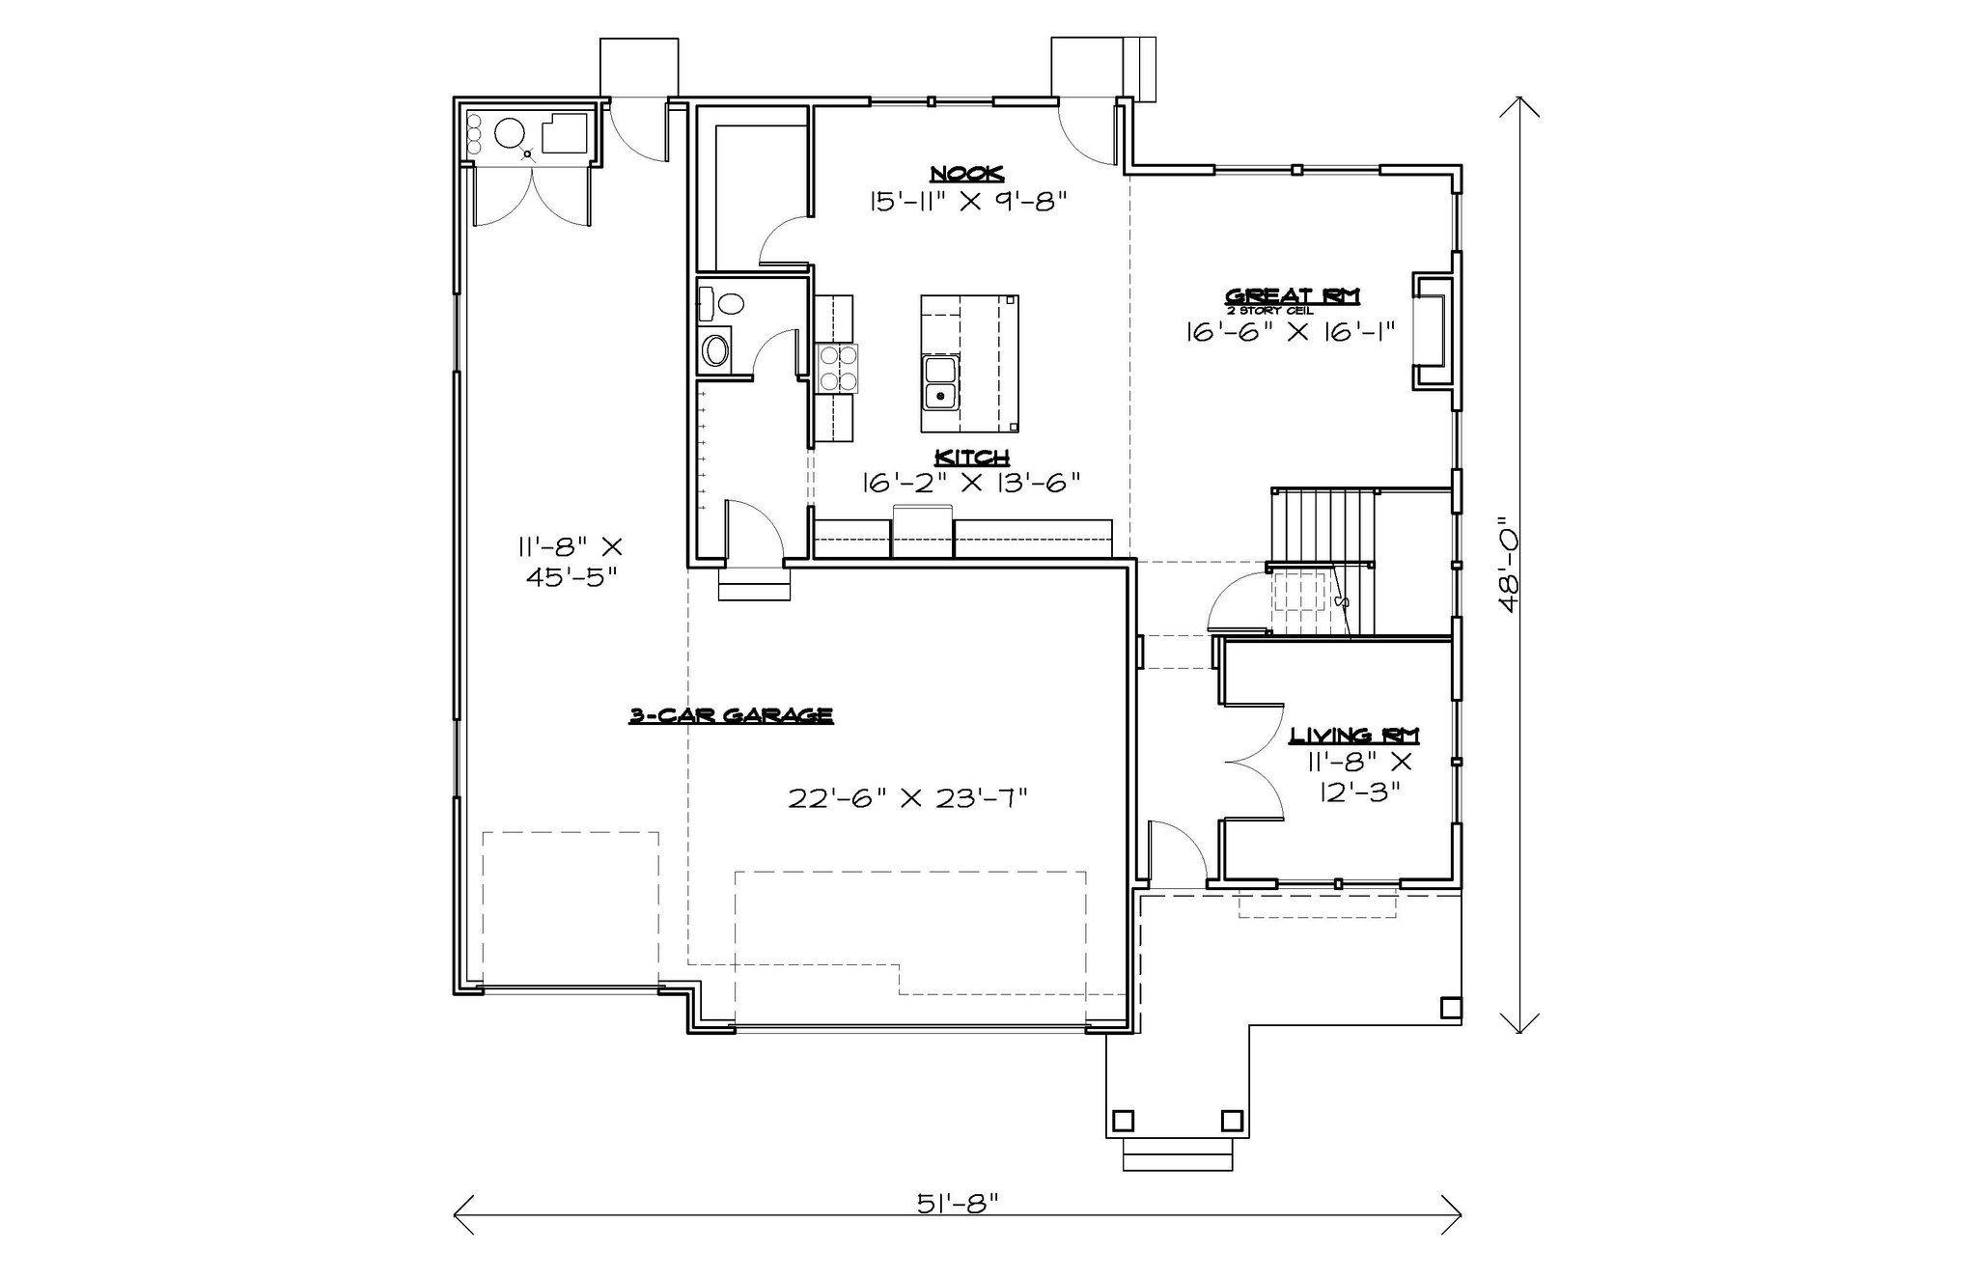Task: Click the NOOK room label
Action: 966,174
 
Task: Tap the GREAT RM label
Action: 1292,295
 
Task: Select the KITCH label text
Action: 972,457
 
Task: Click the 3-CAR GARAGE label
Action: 731,715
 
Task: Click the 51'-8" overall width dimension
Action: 957,1203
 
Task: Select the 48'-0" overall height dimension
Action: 1509,568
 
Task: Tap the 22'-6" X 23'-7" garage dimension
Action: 907,798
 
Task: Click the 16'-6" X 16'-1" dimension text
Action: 1290,332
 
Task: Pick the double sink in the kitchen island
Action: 939,382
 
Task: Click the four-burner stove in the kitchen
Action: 837,368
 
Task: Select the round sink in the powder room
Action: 715,349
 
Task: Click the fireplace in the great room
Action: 1433,331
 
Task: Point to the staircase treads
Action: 1323,524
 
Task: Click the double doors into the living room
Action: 1255,762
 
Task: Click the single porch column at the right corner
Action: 1450,1007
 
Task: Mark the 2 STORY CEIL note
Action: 1269,311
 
